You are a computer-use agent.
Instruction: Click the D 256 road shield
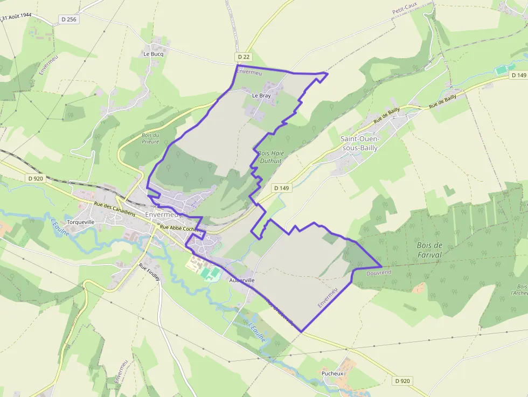[68, 19]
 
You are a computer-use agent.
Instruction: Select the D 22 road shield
[244, 57]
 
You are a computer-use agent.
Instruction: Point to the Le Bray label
[261, 95]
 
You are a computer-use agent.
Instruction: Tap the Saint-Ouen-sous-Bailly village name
[360, 143]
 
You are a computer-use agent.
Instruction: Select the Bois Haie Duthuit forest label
[270, 157]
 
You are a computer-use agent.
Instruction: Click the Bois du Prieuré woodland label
[150, 138]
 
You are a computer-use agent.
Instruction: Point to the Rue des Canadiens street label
[114, 208]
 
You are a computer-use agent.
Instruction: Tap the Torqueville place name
[80, 222]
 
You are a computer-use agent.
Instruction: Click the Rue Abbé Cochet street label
[178, 228]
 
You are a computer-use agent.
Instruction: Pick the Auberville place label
[241, 281]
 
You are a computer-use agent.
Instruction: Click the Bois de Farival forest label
[429, 250]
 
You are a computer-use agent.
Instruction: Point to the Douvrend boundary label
[379, 273]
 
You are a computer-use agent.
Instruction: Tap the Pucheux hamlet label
[332, 373]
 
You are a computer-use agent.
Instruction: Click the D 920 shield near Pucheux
[402, 381]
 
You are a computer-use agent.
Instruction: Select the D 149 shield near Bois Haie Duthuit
[281, 188]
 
